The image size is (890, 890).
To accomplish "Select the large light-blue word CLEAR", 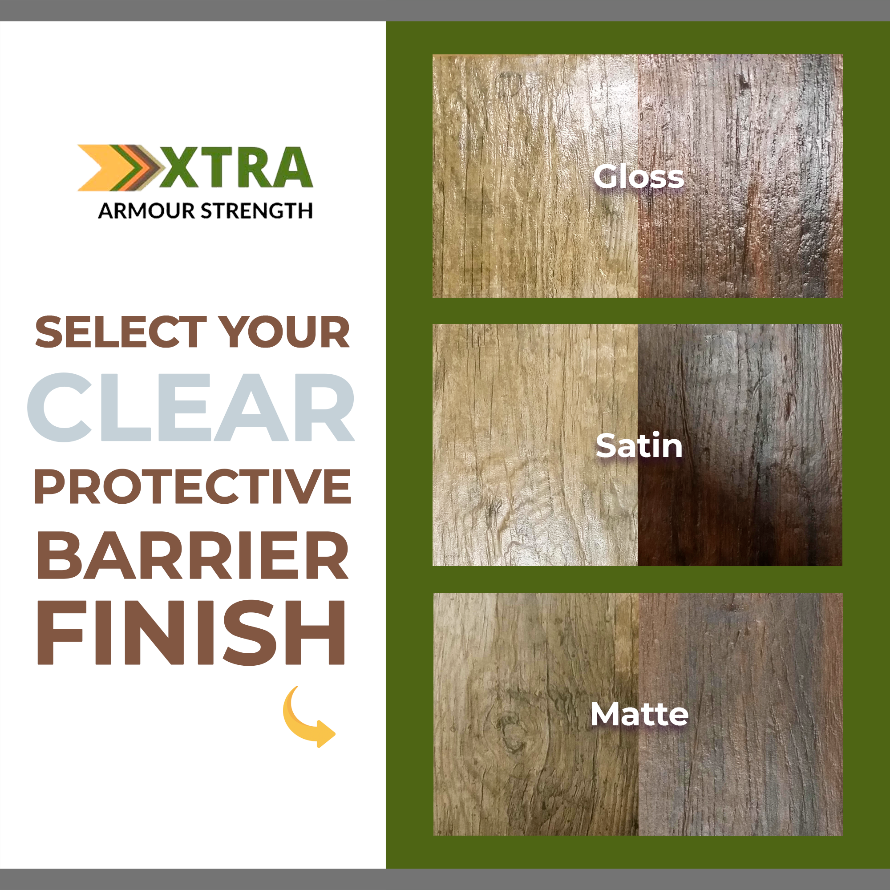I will point(191,407).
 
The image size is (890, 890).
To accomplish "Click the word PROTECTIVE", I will point(193,486).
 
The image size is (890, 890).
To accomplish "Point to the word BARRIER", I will point(193,554).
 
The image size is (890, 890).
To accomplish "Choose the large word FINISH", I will point(191,633).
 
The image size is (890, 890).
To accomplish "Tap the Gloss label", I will point(639,177).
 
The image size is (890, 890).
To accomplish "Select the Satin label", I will point(639,446).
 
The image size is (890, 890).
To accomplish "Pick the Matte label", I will point(639,715).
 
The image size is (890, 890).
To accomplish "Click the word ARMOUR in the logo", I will point(146,211).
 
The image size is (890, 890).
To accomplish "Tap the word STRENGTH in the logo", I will point(257,211).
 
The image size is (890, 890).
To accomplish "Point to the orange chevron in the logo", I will point(99,168).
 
